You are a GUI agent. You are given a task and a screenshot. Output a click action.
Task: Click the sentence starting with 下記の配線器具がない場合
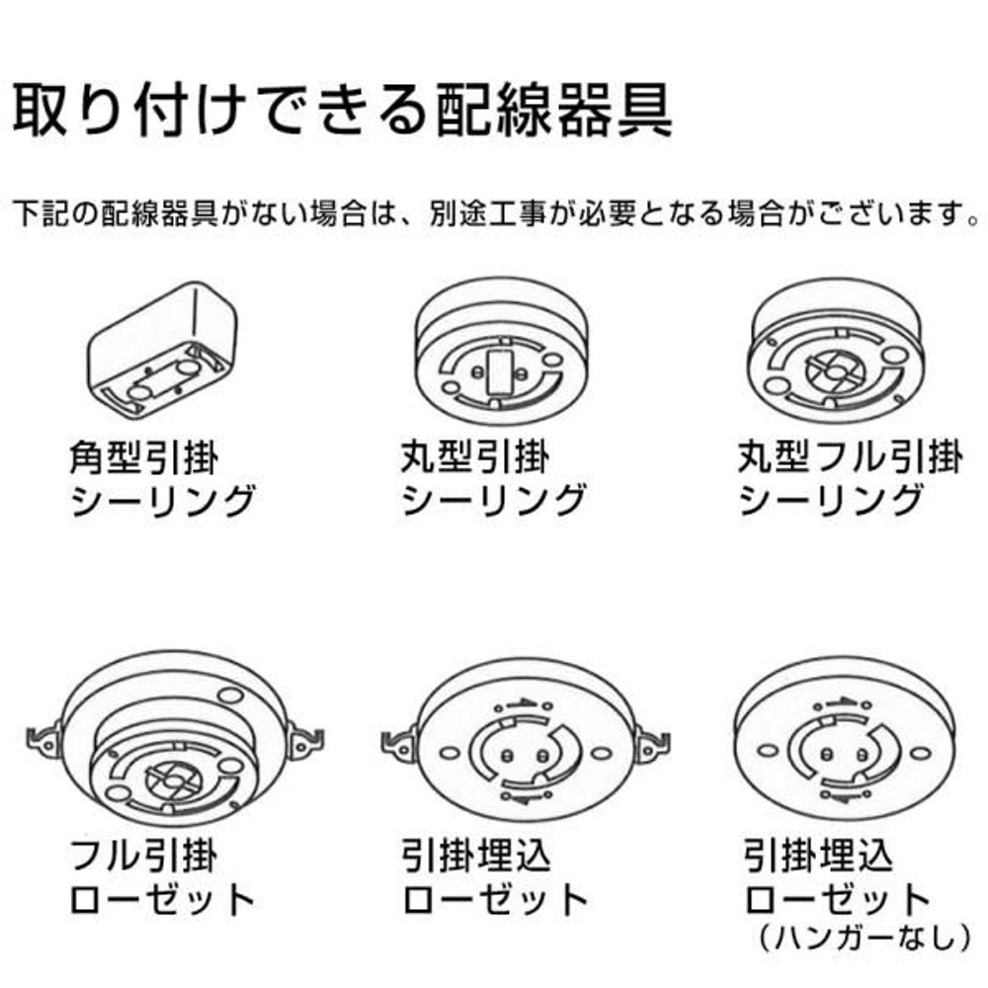tap(494, 213)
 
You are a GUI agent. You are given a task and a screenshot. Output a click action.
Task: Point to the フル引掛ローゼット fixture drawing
tap(174, 752)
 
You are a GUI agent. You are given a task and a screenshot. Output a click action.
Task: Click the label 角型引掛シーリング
tap(162, 480)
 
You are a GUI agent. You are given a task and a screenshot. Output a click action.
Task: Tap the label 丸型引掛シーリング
tap(493, 480)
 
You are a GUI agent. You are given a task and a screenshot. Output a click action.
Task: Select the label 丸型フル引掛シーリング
tap(850, 480)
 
